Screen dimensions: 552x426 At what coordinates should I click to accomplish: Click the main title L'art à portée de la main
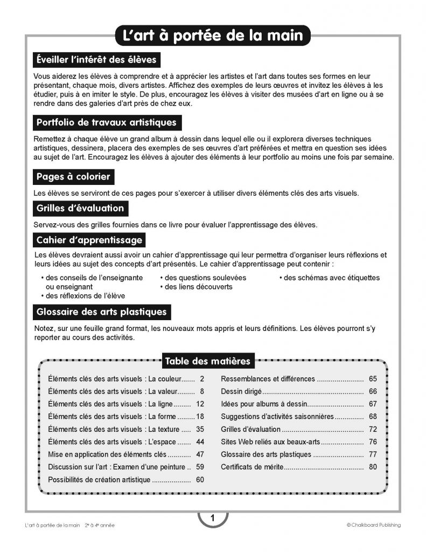213,35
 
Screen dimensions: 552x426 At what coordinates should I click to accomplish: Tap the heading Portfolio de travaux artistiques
107,122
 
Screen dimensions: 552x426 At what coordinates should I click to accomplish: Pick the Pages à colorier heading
73,176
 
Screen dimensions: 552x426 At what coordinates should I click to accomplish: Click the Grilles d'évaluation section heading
80,208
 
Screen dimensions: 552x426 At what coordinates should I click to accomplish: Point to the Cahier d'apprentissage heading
89,239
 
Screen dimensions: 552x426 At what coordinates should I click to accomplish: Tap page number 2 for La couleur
201,378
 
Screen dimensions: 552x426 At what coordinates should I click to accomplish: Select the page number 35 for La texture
200,429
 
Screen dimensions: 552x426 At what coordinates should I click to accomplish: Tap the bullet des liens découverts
196,287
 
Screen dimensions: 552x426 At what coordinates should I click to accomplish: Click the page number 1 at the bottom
213,519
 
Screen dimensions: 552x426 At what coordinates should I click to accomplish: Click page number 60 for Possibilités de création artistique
200,479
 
